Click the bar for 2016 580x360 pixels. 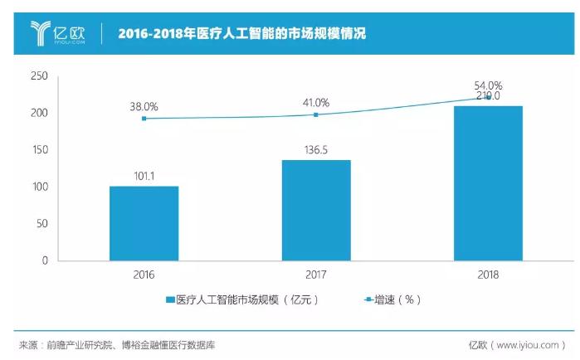[x=144, y=223]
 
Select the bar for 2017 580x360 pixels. [x=316, y=210]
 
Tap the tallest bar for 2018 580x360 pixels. [x=488, y=183]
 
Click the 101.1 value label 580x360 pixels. [x=144, y=176]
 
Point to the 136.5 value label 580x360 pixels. [x=316, y=149]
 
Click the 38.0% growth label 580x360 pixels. [x=144, y=107]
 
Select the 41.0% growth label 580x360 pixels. [x=316, y=103]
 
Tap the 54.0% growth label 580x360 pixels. [x=488, y=85]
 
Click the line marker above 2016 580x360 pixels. [x=144, y=119]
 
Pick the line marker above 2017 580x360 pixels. [x=316, y=114]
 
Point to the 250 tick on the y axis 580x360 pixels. [x=39, y=76]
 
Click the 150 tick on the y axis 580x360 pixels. [x=39, y=150]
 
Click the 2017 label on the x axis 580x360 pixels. [x=316, y=275]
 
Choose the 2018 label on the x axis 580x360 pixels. [x=488, y=275]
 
